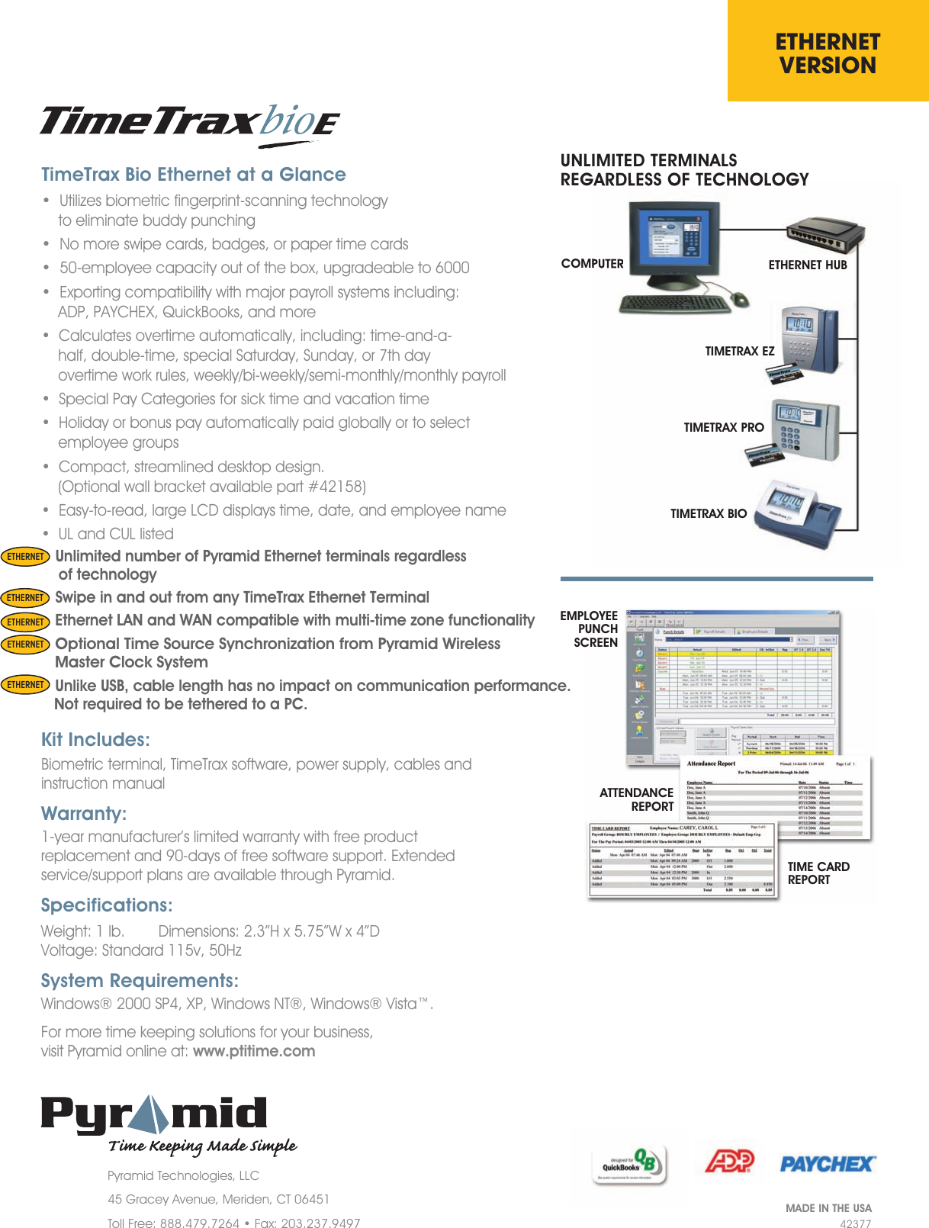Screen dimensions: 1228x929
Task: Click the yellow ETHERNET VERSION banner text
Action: coord(828,53)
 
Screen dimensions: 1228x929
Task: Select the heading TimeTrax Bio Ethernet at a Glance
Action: coord(193,175)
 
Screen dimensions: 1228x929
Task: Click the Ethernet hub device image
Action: coord(827,233)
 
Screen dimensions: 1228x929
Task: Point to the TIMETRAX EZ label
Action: coord(739,352)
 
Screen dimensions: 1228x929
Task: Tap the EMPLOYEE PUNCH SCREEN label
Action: coord(590,629)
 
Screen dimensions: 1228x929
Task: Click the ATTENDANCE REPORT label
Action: coord(637,799)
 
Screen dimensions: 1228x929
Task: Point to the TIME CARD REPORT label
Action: coord(818,873)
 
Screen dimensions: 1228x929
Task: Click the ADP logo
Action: coord(728,1162)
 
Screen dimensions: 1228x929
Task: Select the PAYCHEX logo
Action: coord(828,1164)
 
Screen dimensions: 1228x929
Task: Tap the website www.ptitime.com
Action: coord(254,1051)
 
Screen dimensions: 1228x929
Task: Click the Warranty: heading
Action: coord(84,814)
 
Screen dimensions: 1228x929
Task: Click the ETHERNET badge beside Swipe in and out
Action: coord(25,598)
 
